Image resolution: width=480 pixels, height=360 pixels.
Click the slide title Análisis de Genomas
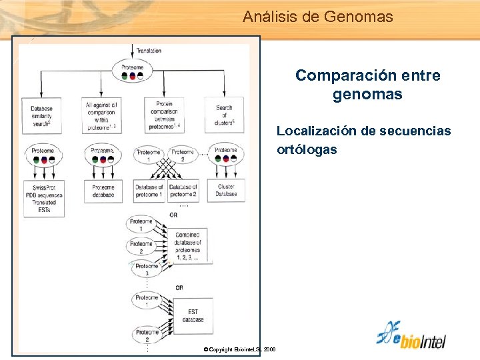(318, 17)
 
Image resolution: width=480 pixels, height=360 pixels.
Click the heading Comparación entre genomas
(367, 85)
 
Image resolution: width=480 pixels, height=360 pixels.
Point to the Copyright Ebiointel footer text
(240, 349)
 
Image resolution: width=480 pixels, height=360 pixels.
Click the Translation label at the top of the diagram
(148, 51)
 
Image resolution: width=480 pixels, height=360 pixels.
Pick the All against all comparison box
(102, 115)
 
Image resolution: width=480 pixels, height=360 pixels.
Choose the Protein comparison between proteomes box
(164, 115)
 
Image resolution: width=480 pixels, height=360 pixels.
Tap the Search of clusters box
(225, 115)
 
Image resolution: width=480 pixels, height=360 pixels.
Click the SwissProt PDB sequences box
(42, 198)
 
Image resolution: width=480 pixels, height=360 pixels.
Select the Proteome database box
(103, 191)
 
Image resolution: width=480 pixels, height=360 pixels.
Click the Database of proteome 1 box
(149, 191)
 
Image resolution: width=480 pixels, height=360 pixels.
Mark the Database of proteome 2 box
(183, 191)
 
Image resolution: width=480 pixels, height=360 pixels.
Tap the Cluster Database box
(226, 191)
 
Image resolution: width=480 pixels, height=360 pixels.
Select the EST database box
(192, 315)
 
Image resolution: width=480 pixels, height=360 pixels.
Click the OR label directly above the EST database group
(179, 288)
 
